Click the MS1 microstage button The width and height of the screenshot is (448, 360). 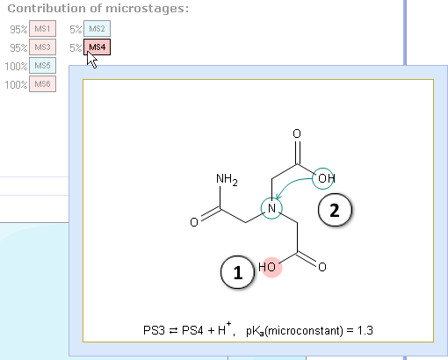tap(42, 29)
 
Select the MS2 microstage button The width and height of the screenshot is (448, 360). tap(97, 29)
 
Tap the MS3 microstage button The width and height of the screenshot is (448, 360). tap(42, 47)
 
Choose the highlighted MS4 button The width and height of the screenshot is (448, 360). tap(97, 47)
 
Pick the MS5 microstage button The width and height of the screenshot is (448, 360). tap(42, 66)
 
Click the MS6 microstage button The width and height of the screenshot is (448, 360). tap(42, 84)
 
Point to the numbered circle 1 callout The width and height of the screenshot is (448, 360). tap(237, 272)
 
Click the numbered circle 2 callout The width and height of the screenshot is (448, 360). tap(335, 210)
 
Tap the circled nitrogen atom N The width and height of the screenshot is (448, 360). tap(271, 208)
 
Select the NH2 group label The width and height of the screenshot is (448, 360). tap(227, 179)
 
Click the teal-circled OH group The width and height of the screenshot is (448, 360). tap(323, 178)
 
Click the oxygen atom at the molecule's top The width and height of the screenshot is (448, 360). tap(297, 133)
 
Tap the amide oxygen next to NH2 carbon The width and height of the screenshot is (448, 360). tap(194, 222)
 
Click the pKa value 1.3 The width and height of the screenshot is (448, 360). tap(365, 331)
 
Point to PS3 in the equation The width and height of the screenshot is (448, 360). tap(154, 331)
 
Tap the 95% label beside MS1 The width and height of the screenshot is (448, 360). tap(18, 29)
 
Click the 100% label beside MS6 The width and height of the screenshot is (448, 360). tap(16, 84)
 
